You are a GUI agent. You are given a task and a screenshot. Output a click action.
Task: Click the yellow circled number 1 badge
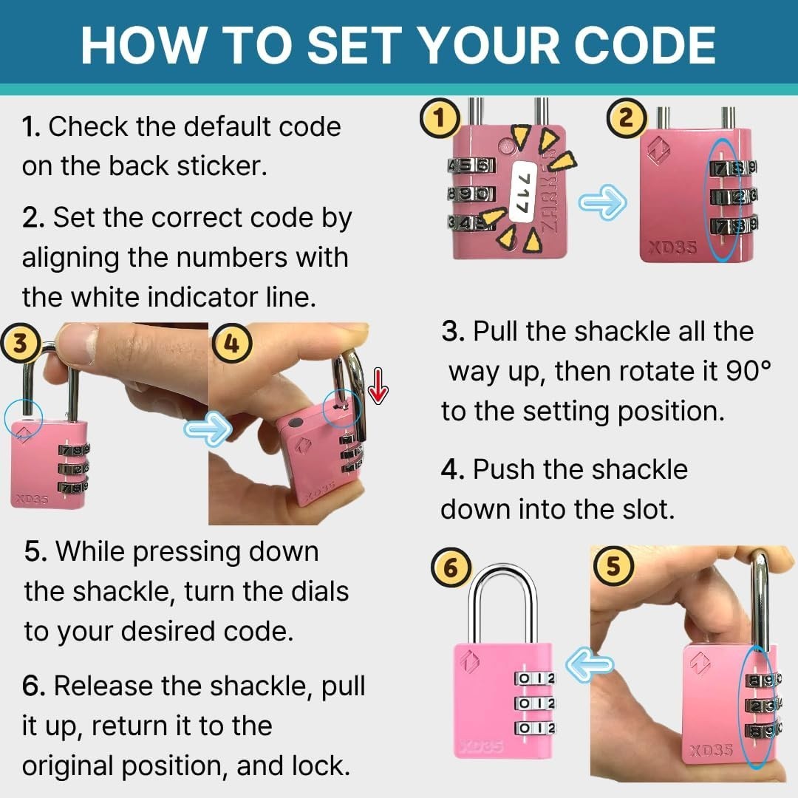coord(440,118)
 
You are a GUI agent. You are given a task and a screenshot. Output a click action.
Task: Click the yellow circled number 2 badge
coord(627,118)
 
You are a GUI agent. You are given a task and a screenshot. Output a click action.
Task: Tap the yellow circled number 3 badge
coord(21,343)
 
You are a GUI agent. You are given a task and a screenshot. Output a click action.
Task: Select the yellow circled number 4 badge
coord(231,344)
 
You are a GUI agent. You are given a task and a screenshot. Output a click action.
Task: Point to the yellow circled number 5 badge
coord(613,566)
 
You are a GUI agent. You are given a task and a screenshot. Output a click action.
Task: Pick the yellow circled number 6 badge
coord(451,567)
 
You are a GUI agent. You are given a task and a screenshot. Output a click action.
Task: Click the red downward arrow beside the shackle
coord(378,386)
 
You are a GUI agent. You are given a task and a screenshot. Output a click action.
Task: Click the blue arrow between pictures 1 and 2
coord(603,202)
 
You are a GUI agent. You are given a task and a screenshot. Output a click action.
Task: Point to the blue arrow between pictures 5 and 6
coord(590,664)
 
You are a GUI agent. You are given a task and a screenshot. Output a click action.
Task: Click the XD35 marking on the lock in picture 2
coord(671,248)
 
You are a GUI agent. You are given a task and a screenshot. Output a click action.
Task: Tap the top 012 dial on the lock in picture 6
coord(534,678)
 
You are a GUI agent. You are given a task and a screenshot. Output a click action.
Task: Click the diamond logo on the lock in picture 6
coord(470,661)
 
